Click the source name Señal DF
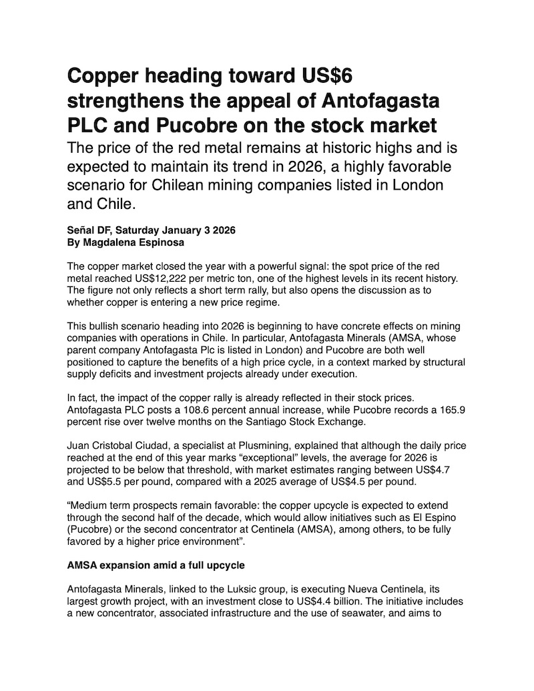tap(89, 231)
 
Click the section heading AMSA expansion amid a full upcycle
tap(156, 565)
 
